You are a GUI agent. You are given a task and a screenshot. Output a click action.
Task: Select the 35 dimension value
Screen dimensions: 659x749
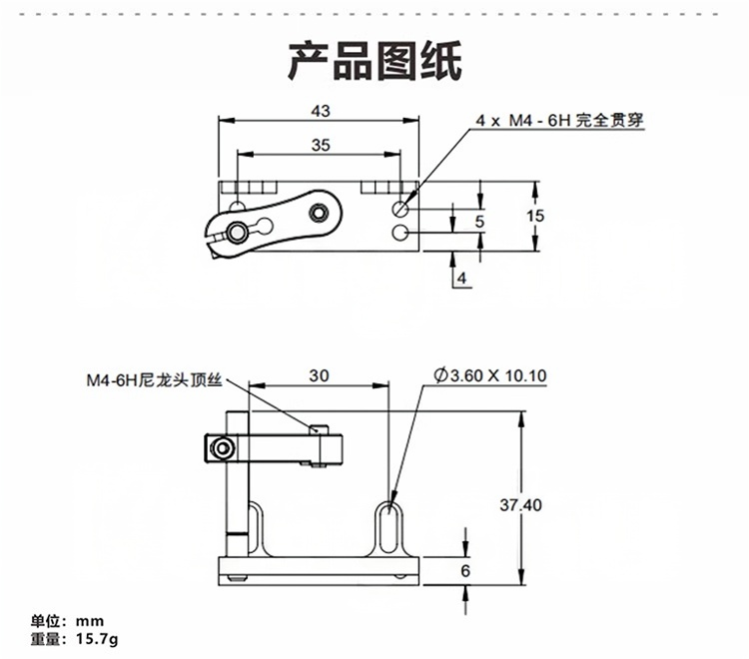[x=320, y=145]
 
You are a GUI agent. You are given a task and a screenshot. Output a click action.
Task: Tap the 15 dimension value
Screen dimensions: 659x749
[x=535, y=216]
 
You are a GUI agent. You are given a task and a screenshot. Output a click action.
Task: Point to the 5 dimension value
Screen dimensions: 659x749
[x=480, y=220]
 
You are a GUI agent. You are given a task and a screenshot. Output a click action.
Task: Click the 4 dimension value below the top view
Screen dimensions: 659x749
[x=461, y=278]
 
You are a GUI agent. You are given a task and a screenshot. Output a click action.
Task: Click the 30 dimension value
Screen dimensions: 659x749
[x=319, y=375]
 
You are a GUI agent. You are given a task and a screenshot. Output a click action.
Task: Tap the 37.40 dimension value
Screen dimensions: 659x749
[x=520, y=505]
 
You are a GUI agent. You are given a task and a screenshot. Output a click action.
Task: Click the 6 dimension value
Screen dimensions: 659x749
[x=464, y=570]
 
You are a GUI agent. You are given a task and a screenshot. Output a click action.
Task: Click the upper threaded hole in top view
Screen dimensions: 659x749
[x=400, y=209]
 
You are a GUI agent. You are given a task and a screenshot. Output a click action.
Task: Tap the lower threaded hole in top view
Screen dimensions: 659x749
[x=400, y=233]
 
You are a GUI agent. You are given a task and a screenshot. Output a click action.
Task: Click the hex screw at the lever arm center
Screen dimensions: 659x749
[x=319, y=212]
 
